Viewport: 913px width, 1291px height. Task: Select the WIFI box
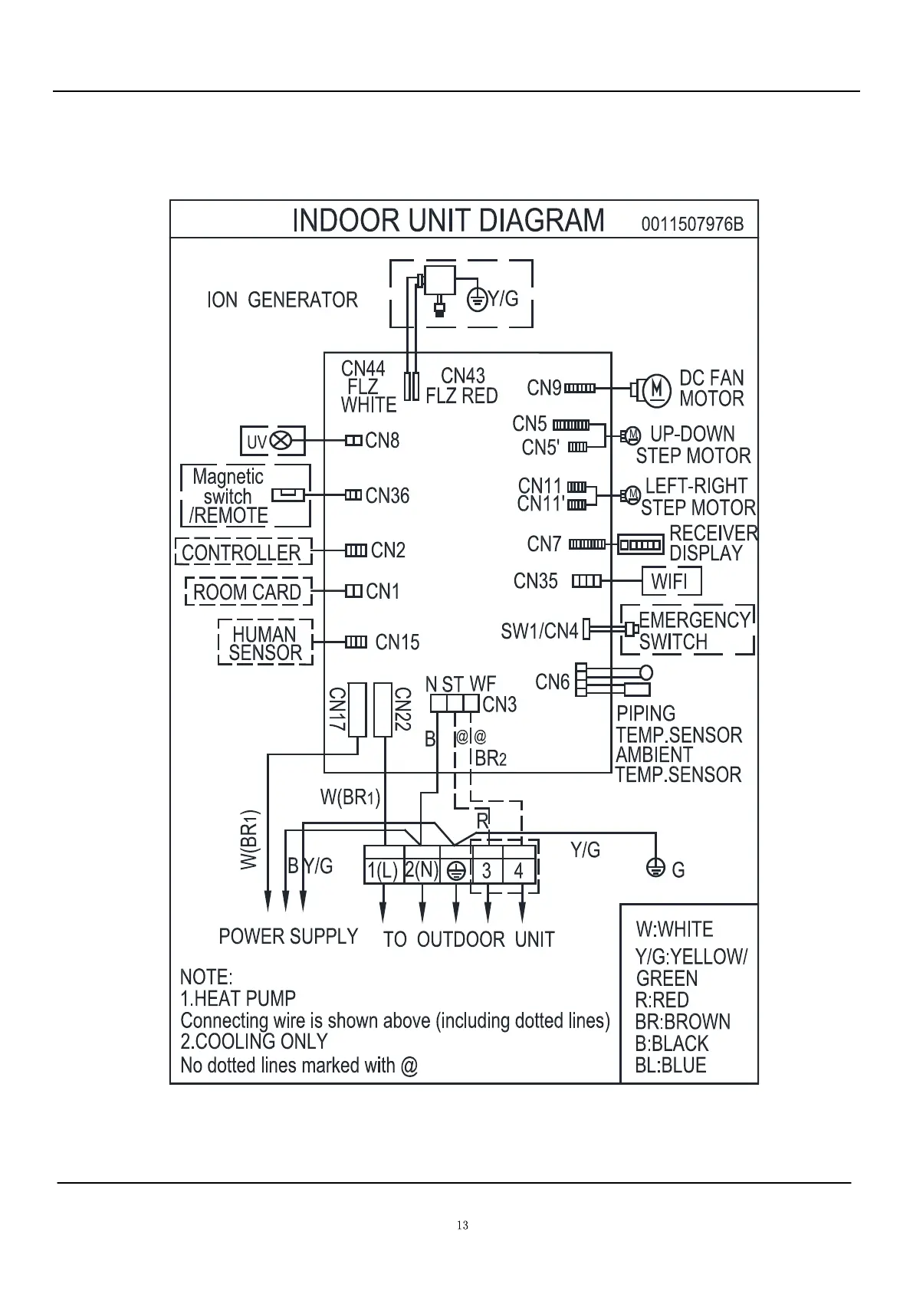coord(670,581)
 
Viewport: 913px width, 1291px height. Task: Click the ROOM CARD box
coord(248,592)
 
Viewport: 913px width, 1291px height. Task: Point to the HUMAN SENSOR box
coord(265,642)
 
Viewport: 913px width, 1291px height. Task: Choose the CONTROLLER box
coord(242,552)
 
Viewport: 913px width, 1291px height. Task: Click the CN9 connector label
coord(544,388)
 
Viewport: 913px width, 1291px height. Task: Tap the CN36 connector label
coord(387,496)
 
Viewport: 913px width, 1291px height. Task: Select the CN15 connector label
coord(397,642)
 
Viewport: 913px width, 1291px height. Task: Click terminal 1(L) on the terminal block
coord(383,871)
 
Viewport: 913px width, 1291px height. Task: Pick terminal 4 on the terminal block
coord(519,871)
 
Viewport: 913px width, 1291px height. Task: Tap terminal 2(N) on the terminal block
coord(421,871)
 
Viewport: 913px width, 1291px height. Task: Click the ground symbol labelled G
coord(655,868)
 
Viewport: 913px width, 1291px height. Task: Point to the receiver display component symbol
coord(641,545)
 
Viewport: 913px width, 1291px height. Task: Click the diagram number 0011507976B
coord(691,225)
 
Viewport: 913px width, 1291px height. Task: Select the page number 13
coord(462,1225)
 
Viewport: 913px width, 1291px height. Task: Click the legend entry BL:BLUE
coord(670,1065)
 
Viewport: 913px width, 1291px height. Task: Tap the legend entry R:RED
coord(662,1000)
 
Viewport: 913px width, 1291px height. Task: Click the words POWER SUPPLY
coord(288,936)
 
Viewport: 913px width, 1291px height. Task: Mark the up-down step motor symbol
coord(633,435)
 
